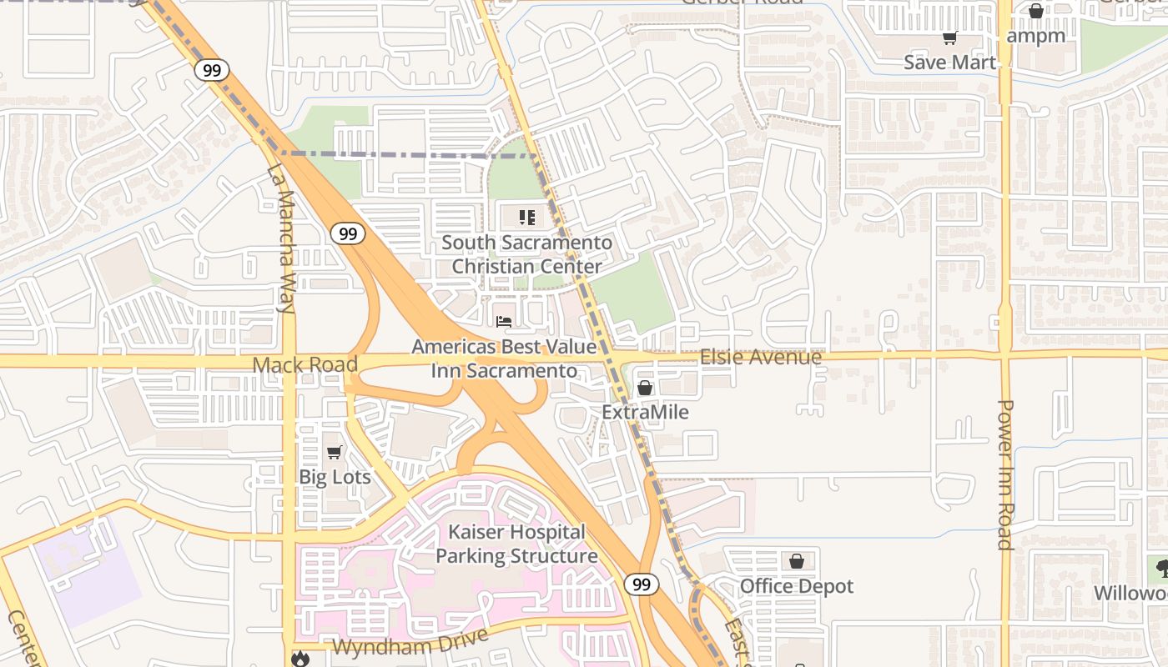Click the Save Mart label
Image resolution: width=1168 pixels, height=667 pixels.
click(949, 63)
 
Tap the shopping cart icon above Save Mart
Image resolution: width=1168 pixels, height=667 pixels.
click(949, 38)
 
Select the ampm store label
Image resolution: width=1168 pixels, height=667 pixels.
click(1035, 36)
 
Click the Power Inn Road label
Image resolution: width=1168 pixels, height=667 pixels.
click(1005, 475)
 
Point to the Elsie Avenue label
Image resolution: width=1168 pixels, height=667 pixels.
click(760, 358)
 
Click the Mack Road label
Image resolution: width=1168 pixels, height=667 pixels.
click(305, 364)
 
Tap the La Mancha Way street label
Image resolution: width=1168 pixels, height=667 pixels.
click(282, 239)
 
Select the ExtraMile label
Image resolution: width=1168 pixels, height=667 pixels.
click(645, 412)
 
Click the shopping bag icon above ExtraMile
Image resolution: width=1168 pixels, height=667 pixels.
click(645, 388)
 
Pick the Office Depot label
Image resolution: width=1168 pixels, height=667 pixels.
click(797, 586)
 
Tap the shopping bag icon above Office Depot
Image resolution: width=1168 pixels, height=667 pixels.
click(797, 561)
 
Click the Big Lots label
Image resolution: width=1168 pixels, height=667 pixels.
click(335, 477)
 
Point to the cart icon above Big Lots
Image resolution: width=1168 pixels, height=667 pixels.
click(335, 452)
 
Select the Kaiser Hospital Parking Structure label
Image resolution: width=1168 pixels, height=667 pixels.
click(516, 544)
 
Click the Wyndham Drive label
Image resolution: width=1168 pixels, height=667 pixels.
click(410, 643)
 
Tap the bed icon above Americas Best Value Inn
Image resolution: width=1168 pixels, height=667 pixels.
click(504, 322)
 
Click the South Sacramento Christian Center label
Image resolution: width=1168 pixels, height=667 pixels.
click(526, 254)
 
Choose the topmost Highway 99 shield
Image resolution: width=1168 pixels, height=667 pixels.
click(212, 70)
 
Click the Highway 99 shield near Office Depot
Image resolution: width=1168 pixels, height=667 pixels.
click(641, 584)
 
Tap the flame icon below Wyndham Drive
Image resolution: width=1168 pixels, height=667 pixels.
click(300, 659)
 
